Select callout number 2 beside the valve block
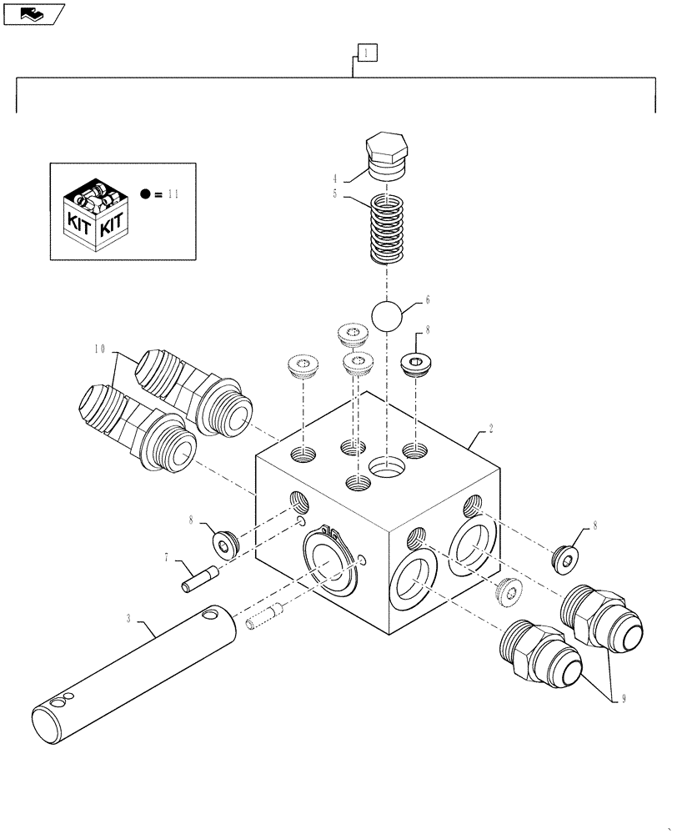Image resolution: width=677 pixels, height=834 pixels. (491, 430)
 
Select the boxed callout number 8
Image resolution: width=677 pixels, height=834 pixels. (428, 330)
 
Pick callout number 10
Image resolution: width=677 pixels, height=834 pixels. (100, 351)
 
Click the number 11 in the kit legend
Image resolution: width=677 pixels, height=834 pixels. (173, 194)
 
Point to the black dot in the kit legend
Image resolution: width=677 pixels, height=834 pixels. (146, 194)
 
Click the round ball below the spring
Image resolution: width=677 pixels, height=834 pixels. (386, 316)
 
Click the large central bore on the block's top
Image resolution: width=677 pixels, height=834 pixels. (386, 467)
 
